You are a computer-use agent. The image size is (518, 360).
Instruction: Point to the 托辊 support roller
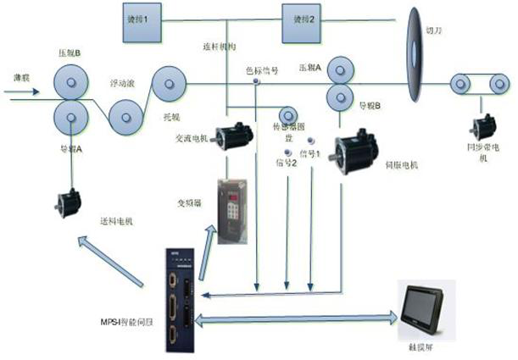(x=169, y=84)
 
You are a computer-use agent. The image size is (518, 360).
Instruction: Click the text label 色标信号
(x=262, y=70)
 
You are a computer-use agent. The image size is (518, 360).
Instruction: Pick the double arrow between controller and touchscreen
(x=297, y=319)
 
